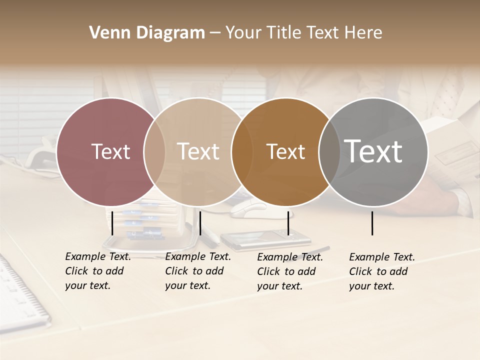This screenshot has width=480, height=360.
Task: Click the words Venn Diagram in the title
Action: point(147,33)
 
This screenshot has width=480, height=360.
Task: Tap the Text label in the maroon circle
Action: point(110,151)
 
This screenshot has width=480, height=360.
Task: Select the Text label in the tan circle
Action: point(198,151)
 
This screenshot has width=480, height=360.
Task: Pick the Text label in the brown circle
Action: point(285,151)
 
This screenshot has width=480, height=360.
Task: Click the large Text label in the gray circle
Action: point(373,151)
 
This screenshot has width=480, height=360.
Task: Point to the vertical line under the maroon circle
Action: point(112,223)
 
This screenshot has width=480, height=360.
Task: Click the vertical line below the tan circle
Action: point(200,223)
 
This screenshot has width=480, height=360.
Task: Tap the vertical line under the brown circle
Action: point(288,223)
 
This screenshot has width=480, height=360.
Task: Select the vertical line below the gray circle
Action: point(372,223)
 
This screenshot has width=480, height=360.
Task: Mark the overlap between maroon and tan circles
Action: point(154,151)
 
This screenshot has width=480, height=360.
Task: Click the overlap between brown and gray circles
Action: point(329,151)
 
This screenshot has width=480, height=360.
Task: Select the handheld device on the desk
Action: point(265,239)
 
